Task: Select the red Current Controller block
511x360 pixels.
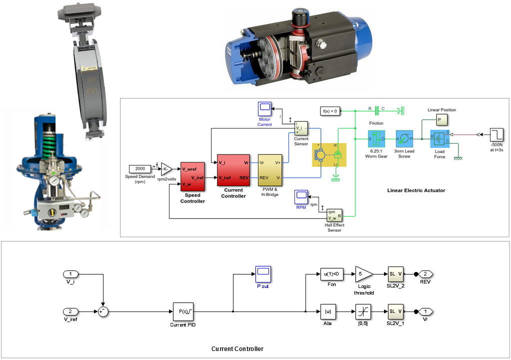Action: [233, 170]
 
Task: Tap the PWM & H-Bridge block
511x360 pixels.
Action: [269, 170]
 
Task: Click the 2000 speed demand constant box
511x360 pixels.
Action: [140, 169]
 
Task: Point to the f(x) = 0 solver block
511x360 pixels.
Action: [330, 110]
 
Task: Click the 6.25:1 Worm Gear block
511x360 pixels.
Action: [376, 138]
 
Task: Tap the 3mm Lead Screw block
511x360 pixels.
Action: [404, 138]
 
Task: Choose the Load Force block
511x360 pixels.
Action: [439, 139]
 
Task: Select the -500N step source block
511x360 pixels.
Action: [497, 134]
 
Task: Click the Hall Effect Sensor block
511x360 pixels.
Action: [334, 215]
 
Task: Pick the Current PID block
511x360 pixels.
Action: [183, 311]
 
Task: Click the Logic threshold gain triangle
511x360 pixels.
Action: [363, 274]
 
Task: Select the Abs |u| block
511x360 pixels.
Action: [328, 311]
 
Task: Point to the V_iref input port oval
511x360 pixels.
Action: [71, 311]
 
